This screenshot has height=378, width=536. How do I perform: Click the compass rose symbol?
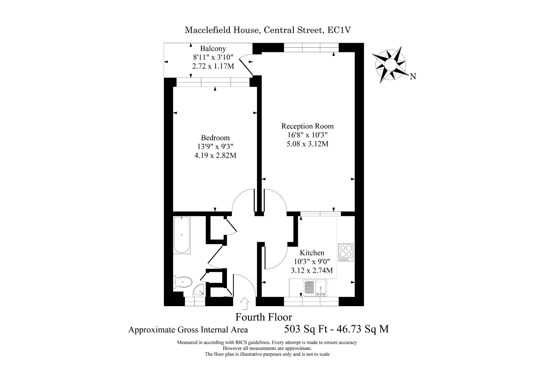tap(390, 64)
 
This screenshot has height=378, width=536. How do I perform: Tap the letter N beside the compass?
tap(413, 76)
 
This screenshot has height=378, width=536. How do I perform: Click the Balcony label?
tap(213, 48)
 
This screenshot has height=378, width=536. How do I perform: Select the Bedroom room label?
tap(215, 138)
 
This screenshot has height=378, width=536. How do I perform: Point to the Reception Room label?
tap(307, 126)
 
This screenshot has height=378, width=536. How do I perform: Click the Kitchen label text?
tap(312, 253)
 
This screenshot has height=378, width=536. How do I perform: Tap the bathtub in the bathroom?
tap(182, 235)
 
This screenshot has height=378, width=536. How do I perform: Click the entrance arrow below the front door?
tap(245, 304)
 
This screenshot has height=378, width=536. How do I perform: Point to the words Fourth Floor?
tap(264, 317)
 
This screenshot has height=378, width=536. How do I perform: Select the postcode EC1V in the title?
tap(339, 30)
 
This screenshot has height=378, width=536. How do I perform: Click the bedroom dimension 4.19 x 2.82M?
tap(215, 155)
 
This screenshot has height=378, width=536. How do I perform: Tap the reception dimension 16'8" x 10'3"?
tap(307, 135)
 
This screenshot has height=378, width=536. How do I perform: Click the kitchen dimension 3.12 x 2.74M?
tap(312, 270)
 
